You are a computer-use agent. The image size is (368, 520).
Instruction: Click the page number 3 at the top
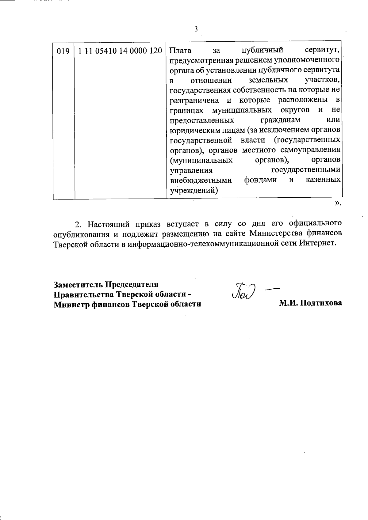196,29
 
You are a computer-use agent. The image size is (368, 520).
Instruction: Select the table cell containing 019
63,51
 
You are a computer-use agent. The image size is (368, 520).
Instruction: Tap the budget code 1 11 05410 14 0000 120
120,51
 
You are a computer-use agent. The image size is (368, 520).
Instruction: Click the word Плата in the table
180,50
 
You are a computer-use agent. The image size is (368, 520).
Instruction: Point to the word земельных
268,80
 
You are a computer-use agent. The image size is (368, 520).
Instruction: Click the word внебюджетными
201,180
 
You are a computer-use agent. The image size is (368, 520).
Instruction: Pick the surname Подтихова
321,303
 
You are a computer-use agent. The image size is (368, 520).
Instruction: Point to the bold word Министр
71,304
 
